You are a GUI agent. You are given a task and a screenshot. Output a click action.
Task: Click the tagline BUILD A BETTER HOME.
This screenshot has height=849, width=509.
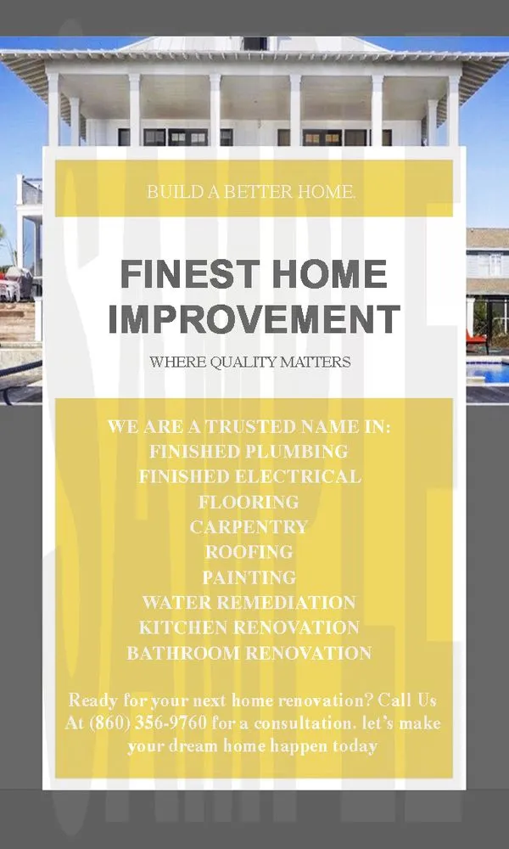250,192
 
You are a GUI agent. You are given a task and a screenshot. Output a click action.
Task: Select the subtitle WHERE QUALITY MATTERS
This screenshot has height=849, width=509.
250,363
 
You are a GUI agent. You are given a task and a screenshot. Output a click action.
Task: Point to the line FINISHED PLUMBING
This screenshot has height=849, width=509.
249,451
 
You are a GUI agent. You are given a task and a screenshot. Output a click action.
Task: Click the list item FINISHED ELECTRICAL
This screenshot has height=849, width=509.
249,476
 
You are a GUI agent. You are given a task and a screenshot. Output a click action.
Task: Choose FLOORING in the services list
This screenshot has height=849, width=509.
249,502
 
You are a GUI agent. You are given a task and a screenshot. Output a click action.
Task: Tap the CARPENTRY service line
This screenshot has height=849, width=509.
249,527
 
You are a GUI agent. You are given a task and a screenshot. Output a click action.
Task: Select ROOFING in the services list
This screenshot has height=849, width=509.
249,552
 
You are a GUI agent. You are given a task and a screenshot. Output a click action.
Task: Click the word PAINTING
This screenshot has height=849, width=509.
249,577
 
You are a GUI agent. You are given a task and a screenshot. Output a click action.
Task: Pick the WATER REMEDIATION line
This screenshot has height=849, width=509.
249,603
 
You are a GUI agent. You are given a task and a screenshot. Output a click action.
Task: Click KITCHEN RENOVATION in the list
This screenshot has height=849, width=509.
249,628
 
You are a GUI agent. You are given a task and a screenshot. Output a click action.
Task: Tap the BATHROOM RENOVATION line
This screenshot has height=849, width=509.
249,654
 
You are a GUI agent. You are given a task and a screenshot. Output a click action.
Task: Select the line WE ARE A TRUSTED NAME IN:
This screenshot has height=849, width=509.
249,426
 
